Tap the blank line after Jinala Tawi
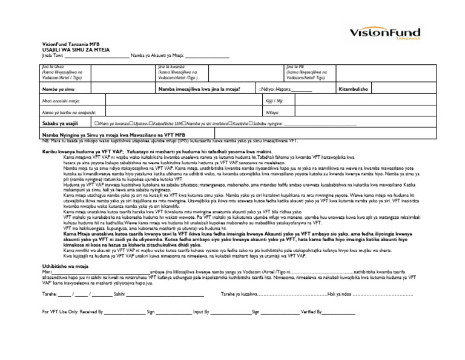coord(96,56)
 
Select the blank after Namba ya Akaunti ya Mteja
coord(207,56)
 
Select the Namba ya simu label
coord(55,88)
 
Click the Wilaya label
coord(272,112)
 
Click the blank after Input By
coord(229,313)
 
